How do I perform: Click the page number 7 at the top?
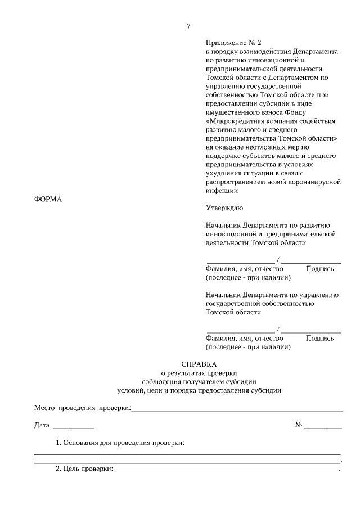[x=188, y=26]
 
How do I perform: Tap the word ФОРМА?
[x=48, y=199]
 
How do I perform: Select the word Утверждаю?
[x=224, y=208]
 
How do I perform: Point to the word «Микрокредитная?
[x=240, y=121]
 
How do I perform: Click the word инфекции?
[x=222, y=190]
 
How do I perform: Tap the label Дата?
[x=42, y=425]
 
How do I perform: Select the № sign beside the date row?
[x=299, y=425]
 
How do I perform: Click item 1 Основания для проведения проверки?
[x=120, y=443]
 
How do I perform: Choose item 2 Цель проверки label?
[x=84, y=469]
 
